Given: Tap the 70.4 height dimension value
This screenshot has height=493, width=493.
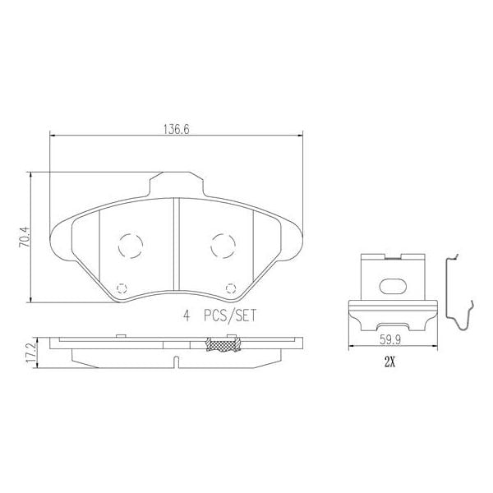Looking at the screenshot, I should [x=25, y=237].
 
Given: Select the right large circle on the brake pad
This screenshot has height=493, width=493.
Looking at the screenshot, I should [x=222, y=245].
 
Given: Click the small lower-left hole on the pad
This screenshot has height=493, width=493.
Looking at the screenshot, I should [x=122, y=288].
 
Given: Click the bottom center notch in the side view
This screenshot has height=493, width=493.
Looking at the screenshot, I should [x=176, y=360].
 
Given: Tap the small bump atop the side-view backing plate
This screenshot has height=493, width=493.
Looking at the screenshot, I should [x=121, y=334].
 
